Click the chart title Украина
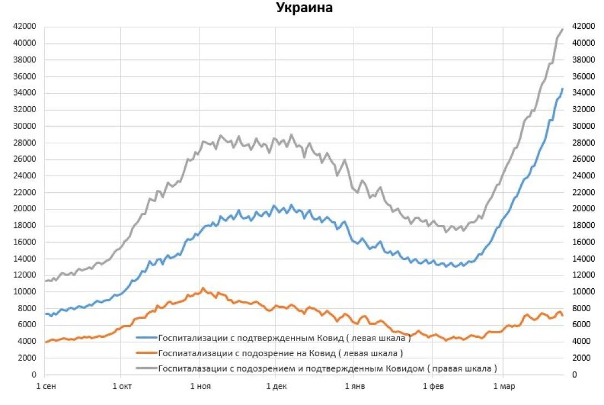304,8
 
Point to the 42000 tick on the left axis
25,26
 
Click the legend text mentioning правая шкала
328,368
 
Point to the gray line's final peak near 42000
562,29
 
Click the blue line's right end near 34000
562,89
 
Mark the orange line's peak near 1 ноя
203,288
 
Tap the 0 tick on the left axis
33,375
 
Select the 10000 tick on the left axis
25,292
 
